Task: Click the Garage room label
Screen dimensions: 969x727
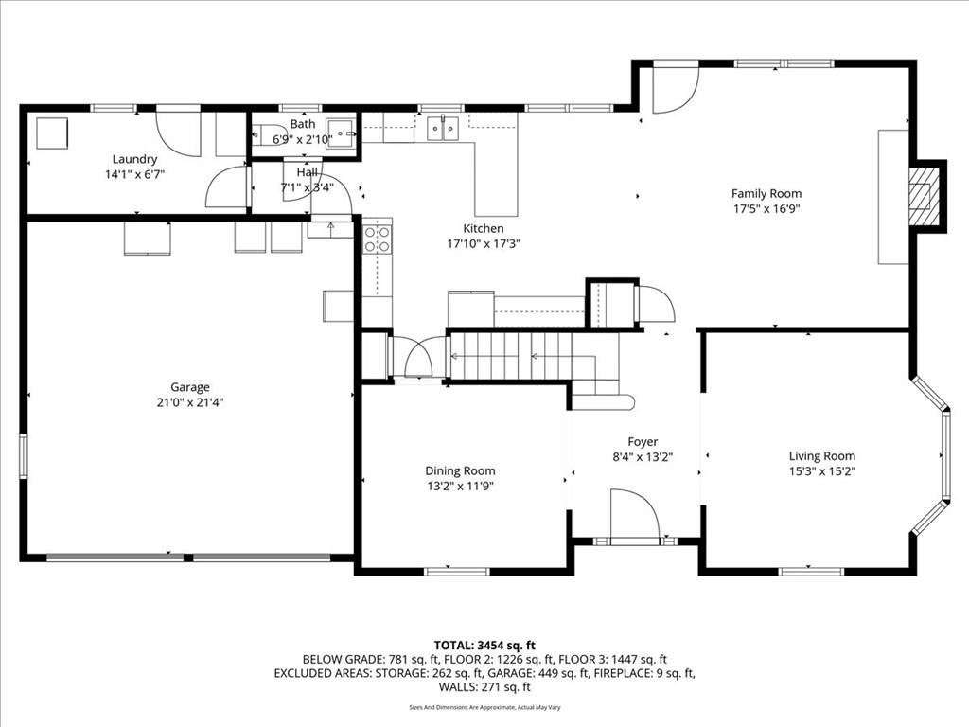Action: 189,387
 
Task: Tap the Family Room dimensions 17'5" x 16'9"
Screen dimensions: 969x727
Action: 766,209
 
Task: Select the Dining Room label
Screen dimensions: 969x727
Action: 460,471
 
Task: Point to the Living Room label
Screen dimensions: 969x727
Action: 822,456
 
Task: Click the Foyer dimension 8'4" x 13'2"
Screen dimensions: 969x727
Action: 643,457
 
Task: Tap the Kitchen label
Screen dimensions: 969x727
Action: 484,229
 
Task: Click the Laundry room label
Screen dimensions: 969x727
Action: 134,159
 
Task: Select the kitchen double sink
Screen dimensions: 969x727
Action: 444,129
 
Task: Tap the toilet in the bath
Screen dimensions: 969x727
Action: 269,134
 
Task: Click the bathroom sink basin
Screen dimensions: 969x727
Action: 342,133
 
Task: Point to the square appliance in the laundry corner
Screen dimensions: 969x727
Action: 52,133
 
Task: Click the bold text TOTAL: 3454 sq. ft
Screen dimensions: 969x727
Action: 484,647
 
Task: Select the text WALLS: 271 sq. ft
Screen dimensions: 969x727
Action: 484,687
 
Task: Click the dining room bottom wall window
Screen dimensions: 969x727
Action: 457,571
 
